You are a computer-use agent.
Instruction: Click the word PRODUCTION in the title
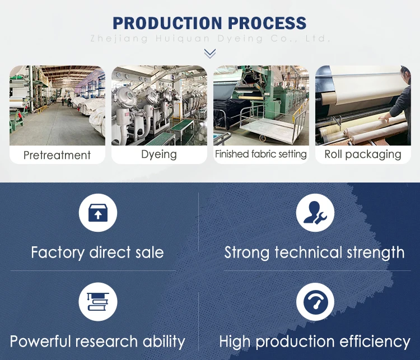coord(167,23)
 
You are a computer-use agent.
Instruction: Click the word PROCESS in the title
coord(267,23)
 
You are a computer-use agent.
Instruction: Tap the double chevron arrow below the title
coord(210,53)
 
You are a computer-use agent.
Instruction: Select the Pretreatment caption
coord(57,155)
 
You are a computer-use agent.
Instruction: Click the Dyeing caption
coord(159,155)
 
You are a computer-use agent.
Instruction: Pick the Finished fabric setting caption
coord(261,154)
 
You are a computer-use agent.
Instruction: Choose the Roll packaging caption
coord(363,155)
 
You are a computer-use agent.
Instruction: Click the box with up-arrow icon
coord(98,213)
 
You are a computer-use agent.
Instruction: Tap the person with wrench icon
coord(315,213)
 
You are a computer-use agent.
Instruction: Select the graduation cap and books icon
coord(98,302)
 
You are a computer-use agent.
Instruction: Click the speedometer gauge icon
coord(315,302)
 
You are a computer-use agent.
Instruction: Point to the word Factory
coord(58,253)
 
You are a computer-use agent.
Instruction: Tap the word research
coord(106,342)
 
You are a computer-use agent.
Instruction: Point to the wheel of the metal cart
coord(263,138)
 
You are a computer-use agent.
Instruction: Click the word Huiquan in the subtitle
coord(183,39)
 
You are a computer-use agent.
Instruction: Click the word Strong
coord(247,253)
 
